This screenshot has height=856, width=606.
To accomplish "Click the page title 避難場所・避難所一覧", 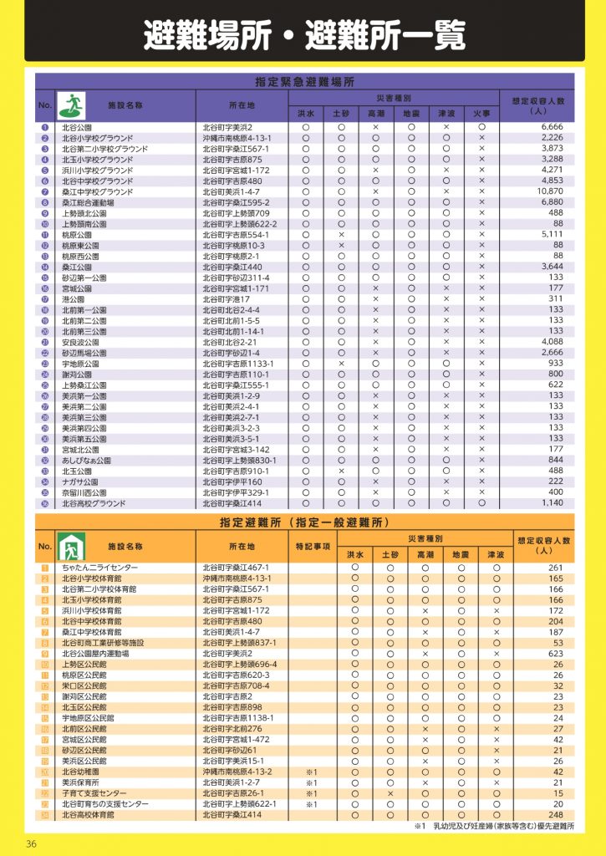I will (303, 35).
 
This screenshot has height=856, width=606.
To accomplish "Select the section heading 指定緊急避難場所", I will (304, 82).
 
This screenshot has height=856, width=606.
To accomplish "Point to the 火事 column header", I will (481, 112).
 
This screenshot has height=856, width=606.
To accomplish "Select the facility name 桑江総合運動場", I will (88, 202).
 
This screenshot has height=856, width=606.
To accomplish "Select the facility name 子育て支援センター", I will (94, 793).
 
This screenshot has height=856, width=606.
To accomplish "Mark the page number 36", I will (31, 842).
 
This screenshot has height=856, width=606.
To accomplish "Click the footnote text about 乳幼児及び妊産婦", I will (498, 827).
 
